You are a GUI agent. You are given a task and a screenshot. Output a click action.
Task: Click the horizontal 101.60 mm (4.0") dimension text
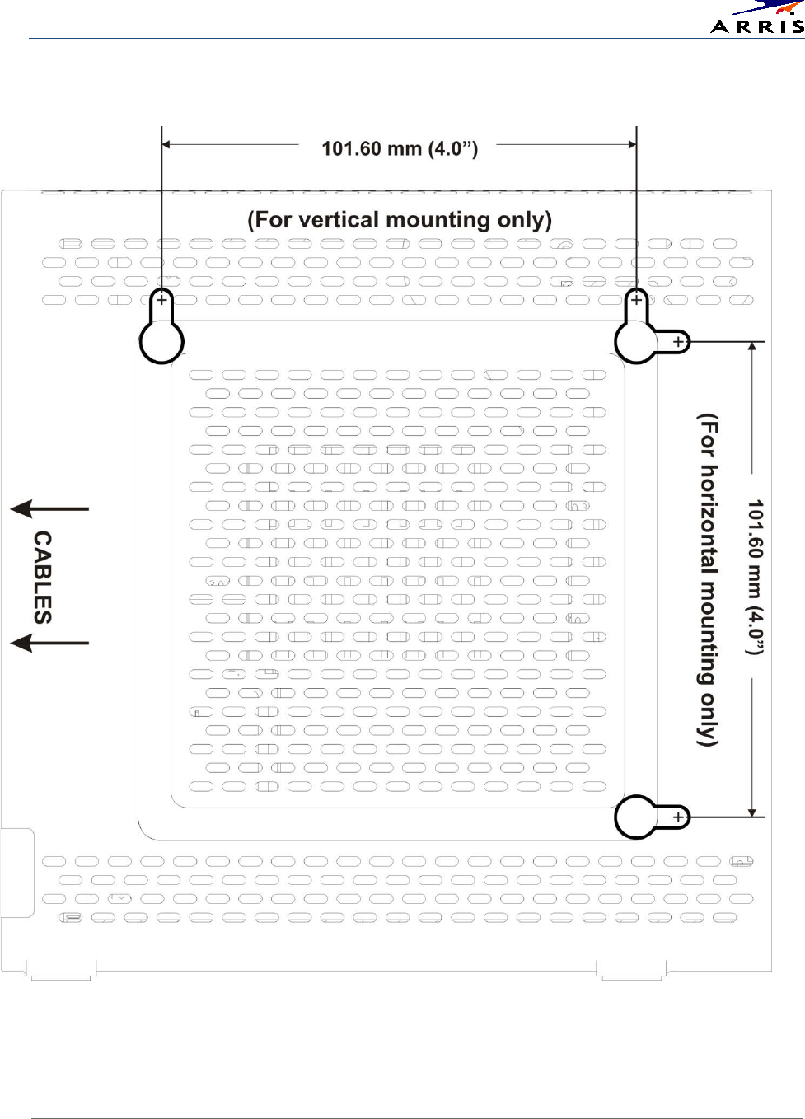pyautogui.click(x=400, y=148)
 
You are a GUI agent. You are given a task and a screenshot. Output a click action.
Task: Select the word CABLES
pyautogui.click(x=43, y=577)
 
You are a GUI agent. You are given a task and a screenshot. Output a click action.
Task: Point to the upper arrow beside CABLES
pyautogui.click(x=49, y=509)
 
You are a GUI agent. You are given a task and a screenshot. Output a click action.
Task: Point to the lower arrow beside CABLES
pyautogui.click(x=49, y=641)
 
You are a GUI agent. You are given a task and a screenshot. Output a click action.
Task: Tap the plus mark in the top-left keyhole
pyautogui.click(x=161, y=300)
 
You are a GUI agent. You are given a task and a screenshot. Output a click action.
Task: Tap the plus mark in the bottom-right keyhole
pyautogui.click(x=678, y=817)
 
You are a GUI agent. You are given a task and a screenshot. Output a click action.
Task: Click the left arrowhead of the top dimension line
pyautogui.click(x=166, y=144)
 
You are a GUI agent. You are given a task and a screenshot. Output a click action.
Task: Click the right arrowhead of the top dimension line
pyautogui.click(x=632, y=144)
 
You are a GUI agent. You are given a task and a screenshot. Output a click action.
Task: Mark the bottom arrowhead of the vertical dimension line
pyautogui.click(x=752, y=812)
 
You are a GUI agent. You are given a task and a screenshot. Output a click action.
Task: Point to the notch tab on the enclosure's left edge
pyautogui.click(x=16, y=873)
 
